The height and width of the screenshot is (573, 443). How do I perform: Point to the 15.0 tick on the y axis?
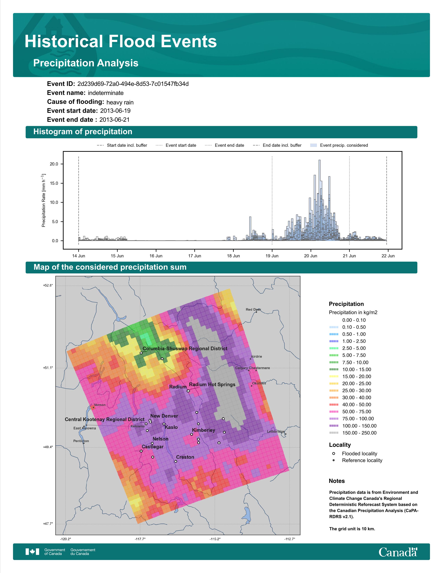click(54, 183)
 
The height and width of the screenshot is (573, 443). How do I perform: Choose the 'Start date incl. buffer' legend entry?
click(122, 145)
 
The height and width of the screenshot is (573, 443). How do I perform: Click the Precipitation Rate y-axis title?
click(44, 200)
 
